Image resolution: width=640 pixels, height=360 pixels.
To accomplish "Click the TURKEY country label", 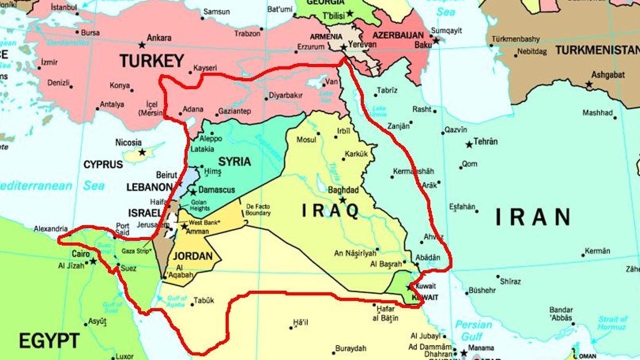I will coord(151,61).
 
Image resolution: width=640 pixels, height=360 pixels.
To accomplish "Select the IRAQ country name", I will coord(330,211).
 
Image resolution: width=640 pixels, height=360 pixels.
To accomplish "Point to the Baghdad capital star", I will coord(342,199).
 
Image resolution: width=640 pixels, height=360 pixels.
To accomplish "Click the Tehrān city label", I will coord(485,141).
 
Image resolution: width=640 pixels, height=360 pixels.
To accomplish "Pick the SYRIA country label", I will coord(234,162).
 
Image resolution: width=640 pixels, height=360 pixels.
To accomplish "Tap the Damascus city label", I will coord(216,190).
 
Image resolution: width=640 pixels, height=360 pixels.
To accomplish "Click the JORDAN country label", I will coord(192,256).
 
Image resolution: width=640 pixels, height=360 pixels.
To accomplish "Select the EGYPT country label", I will coord(49,340).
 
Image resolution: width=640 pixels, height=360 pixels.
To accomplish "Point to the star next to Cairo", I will coord(93,261).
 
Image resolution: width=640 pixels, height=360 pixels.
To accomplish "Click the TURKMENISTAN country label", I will coord(597,50).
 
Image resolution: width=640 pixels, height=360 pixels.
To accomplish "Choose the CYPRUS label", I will coord(103,164).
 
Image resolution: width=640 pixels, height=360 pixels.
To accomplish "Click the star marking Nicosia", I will coord(142,152).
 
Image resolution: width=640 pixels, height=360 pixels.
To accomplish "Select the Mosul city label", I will coord(306,139).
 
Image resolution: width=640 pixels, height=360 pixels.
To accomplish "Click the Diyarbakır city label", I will coord(286,95).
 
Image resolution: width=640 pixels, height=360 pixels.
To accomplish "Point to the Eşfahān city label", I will coord(461,206).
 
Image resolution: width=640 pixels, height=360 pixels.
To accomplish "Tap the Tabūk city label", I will coord(203,300).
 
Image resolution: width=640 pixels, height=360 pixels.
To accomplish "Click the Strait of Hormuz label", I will coord(612,323).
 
